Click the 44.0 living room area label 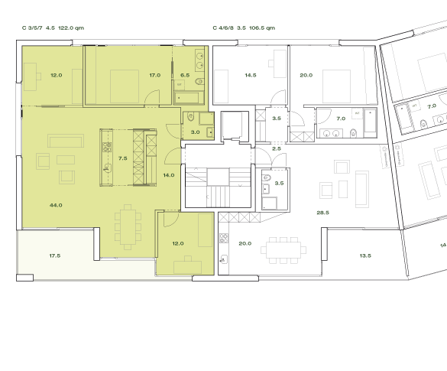56,205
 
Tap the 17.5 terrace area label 55,255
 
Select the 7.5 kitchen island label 122,158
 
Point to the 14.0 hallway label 168,175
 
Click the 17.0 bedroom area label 154,76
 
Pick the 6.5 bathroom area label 185,76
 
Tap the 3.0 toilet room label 195,132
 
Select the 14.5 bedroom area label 250,76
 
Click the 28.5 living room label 322,212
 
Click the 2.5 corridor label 277,148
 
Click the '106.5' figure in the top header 261,28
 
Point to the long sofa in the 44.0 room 65,141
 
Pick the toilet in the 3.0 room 189,119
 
